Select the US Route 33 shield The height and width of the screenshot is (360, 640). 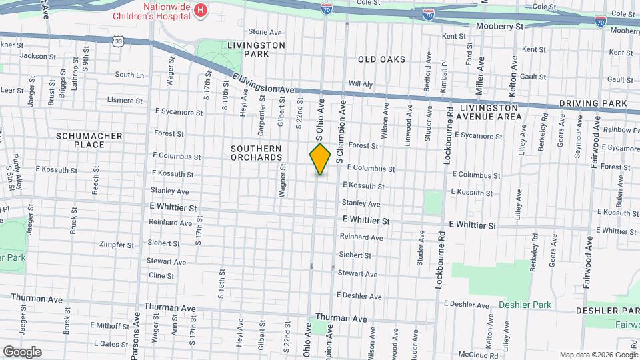pos(118,41)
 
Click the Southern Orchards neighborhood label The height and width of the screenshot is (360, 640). pos(257,153)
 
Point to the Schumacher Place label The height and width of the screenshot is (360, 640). pos(89,140)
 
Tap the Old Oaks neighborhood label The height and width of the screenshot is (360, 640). pos(381,59)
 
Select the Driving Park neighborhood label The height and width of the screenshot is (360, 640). pos(593,103)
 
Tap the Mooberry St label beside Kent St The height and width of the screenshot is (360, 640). pos(500,26)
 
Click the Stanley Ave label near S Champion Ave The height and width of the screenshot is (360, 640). pos(361,203)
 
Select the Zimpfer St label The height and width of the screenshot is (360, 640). pos(117,244)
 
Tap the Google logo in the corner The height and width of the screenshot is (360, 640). pos(22,351)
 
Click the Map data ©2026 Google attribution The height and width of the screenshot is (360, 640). pos(597,354)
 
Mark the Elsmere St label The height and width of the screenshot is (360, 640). pos(124,100)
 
